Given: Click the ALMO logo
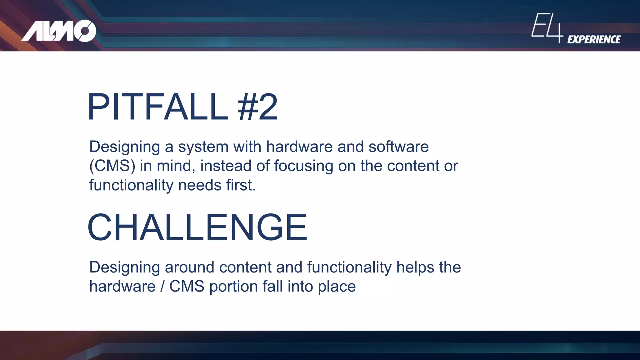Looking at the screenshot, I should point(59,31).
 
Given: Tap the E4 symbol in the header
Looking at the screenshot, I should point(547,28).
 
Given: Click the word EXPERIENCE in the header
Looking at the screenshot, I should point(594,39).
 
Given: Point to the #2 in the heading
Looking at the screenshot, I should point(257,107).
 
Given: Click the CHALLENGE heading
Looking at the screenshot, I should point(197,227).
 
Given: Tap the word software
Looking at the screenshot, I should point(398,147).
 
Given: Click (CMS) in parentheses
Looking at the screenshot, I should point(112,166).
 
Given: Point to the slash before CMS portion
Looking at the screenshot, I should point(162,287).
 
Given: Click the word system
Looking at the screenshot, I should point(203,147).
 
